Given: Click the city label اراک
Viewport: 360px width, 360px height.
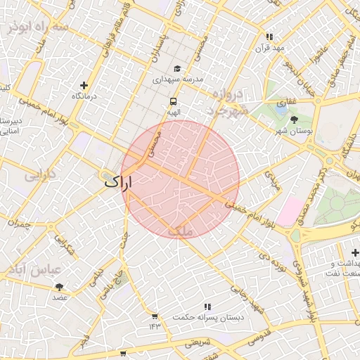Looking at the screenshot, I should pyautogui.click(x=118, y=181).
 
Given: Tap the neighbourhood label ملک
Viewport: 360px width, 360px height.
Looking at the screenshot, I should pyautogui.click(x=180, y=230).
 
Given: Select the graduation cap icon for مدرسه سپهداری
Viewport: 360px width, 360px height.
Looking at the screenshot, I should pyautogui.click(x=177, y=68).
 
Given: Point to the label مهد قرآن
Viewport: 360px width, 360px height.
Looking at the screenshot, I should pyautogui.click(x=269, y=47).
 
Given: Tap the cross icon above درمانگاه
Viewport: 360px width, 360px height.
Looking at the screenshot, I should pyautogui.click(x=84, y=84).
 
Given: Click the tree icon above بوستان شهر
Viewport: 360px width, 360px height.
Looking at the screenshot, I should pyautogui.click(x=294, y=120).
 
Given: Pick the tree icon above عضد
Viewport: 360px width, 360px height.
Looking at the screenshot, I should pyautogui.click(x=59, y=286).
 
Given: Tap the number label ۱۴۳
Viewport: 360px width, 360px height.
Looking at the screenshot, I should pyautogui.click(x=155, y=326).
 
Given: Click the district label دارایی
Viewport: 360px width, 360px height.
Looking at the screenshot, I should pyautogui.click(x=40, y=176).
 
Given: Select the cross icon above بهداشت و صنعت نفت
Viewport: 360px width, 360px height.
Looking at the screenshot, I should pyautogui.click(x=355, y=252).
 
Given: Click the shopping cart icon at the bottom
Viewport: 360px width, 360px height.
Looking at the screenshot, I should pyautogui.click(x=123, y=353).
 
